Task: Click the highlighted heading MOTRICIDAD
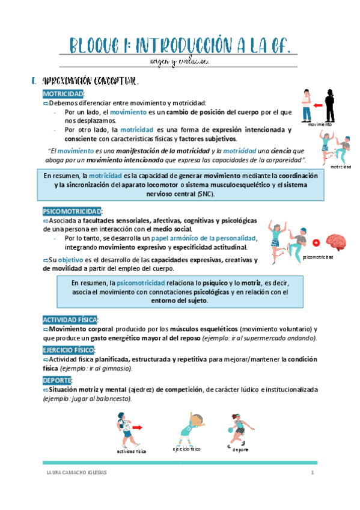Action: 64,94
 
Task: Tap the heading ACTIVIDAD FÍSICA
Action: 70,320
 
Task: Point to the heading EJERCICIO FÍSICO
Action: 69,350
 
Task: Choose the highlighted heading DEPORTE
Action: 57,380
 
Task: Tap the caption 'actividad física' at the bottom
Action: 132,451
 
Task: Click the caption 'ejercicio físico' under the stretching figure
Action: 186,449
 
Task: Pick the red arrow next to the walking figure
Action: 138,428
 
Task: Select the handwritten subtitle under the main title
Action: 180,61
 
